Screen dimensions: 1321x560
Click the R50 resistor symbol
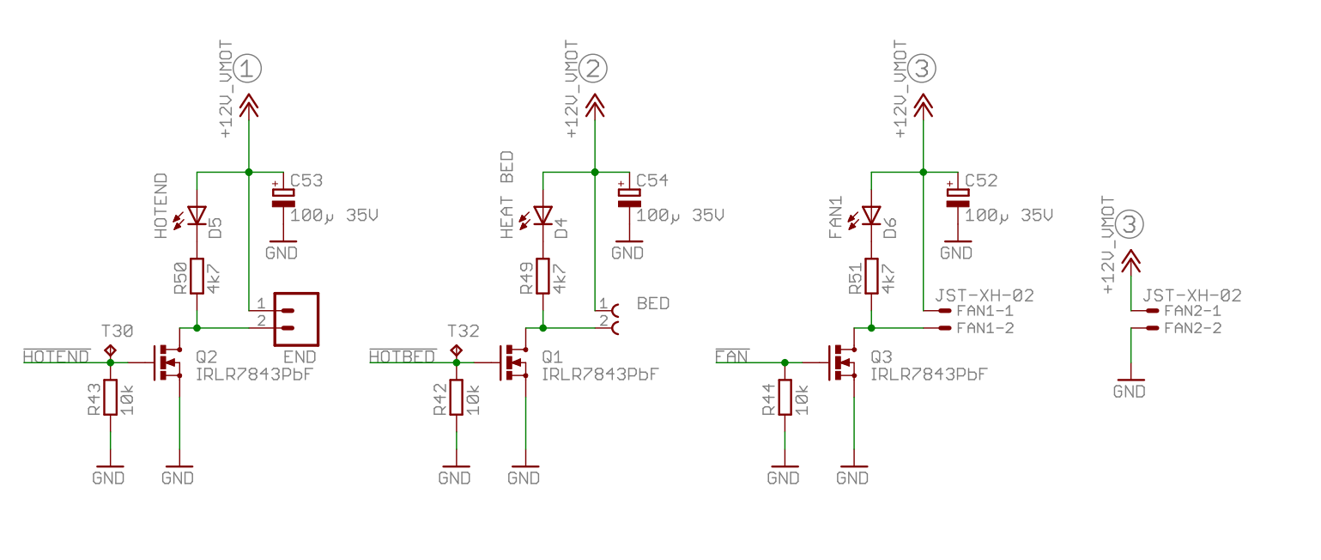(x=197, y=277)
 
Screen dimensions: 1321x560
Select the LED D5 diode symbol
(x=195, y=216)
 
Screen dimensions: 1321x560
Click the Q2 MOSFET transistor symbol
(x=167, y=362)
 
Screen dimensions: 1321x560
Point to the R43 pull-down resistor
(x=110, y=398)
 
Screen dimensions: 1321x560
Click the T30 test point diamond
(x=110, y=351)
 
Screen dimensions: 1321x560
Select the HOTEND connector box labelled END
(x=296, y=320)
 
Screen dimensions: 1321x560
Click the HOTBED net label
(x=403, y=356)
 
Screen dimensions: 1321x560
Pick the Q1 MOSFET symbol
(x=513, y=362)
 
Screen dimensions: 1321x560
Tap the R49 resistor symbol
(x=543, y=277)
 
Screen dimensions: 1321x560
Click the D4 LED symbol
(x=541, y=216)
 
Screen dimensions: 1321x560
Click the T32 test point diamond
(x=457, y=351)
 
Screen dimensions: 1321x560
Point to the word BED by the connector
(x=653, y=303)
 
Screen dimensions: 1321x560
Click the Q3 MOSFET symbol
(x=842, y=362)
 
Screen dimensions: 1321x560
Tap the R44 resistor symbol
(x=785, y=398)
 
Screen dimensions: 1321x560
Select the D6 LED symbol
(x=870, y=216)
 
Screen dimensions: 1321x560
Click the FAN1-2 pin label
(x=985, y=328)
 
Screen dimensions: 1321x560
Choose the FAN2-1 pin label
(x=1193, y=310)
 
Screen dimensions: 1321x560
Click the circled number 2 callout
(x=592, y=69)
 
